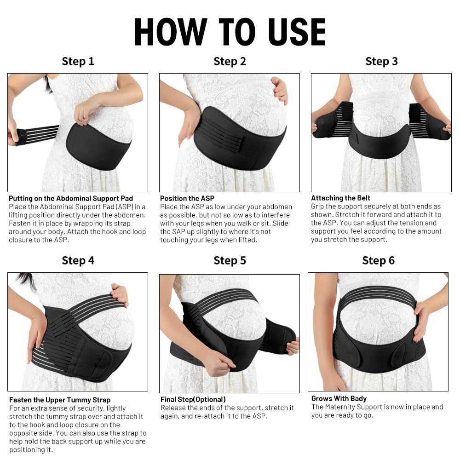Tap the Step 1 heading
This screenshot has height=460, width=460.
pyautogui.click(x=78, y=61)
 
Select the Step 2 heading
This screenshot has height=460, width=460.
pyautogui.click(x=230, y=61)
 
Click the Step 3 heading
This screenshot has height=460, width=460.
pyautogui.click(x=381, y=61)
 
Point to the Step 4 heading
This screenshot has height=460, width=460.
pyautogui.click(x=78, y=260)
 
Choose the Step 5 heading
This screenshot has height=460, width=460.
pyautogui.click(x=230, y=260)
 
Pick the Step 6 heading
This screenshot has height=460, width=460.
pyautogui.click(x=378, y=260)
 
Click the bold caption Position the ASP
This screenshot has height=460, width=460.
pyautogui.click(x=187, y=198)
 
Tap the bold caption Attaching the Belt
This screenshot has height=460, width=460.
pyautogui.click(x=340, y=198)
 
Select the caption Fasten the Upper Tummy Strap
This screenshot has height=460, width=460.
pyautogui.click(x=60, y=400)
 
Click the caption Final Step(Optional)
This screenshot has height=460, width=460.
pyautogui.click(x=193, y=399)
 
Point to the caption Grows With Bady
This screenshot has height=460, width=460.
pyautogui.click(x=339, y=398)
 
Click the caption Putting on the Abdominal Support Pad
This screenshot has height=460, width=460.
pyautogui.click(x=71, y=198)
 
